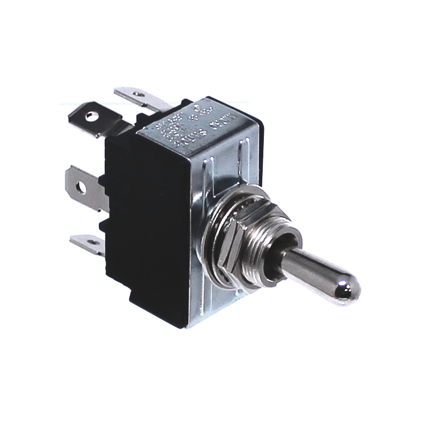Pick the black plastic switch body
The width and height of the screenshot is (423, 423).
pyautogui.click(x=144, y=220)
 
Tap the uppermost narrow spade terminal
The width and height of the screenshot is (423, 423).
pyautogui.click(x=140, y=97)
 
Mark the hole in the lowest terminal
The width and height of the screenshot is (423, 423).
pyautogui.click(x=90, y=242)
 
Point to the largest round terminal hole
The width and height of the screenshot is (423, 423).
pyautogui.click(x=90, y=115)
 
